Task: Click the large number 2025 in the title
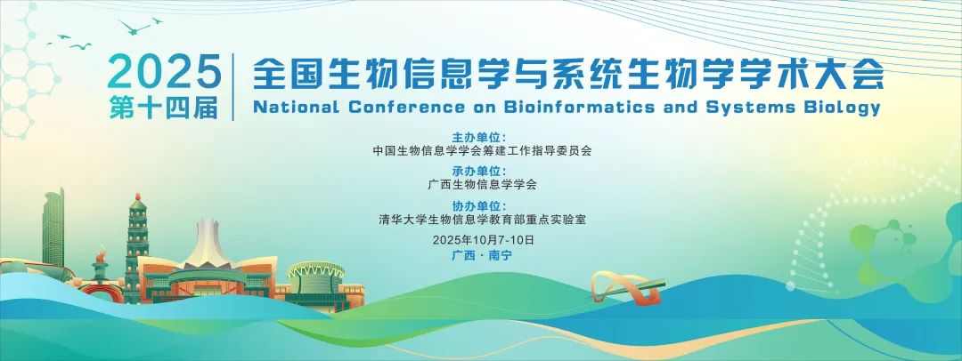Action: pyautogui.click(x=165, y=71)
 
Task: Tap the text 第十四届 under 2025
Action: pyautogui.click(x=165, y=108)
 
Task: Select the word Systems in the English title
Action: pyautogui.click(x=755, y=108)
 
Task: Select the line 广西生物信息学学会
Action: pyautogui.click(x=482, y=184)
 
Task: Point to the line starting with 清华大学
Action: pyautogui.click(x=482, y=219)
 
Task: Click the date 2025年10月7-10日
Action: pyautogui.click(x=484, y=240)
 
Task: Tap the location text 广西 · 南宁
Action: pyautogui.click(x=482, y=255)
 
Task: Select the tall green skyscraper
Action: pyautogui.click(x=53, y=228)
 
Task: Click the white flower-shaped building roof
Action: pyautogui.click(x=207, y=245)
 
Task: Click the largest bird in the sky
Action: pyautogui.click(x=135, y=27)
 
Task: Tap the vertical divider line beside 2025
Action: pyautogui.click(x=233, y=87)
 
